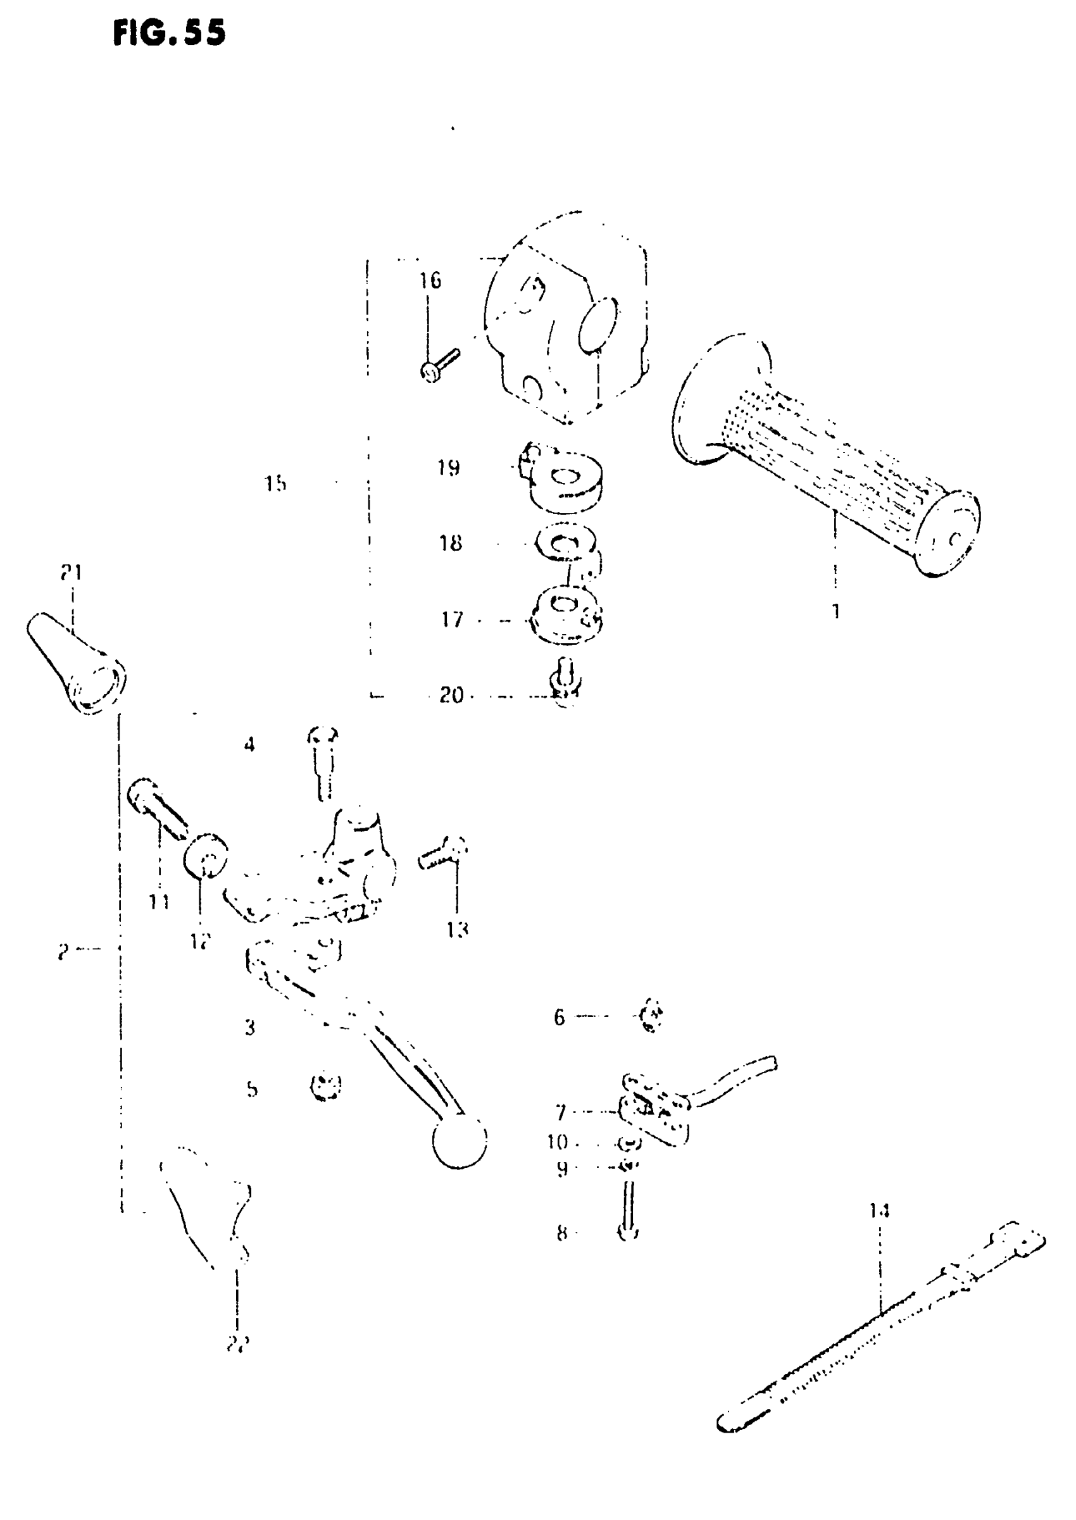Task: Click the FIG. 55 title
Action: click(169, 32)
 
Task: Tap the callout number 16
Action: click(429, 280)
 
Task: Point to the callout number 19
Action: click(449, 468)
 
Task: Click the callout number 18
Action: click(451, 543)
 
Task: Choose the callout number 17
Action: click(452, 620)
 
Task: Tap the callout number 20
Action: click(452, 695)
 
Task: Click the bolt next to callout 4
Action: click(323, 762)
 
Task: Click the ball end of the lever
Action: click(459, 1141)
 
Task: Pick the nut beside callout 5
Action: click(325, 1086)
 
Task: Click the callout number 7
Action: click(561, 1111)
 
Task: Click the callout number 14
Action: click(880, 1211)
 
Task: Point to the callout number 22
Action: click(237, 1345)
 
